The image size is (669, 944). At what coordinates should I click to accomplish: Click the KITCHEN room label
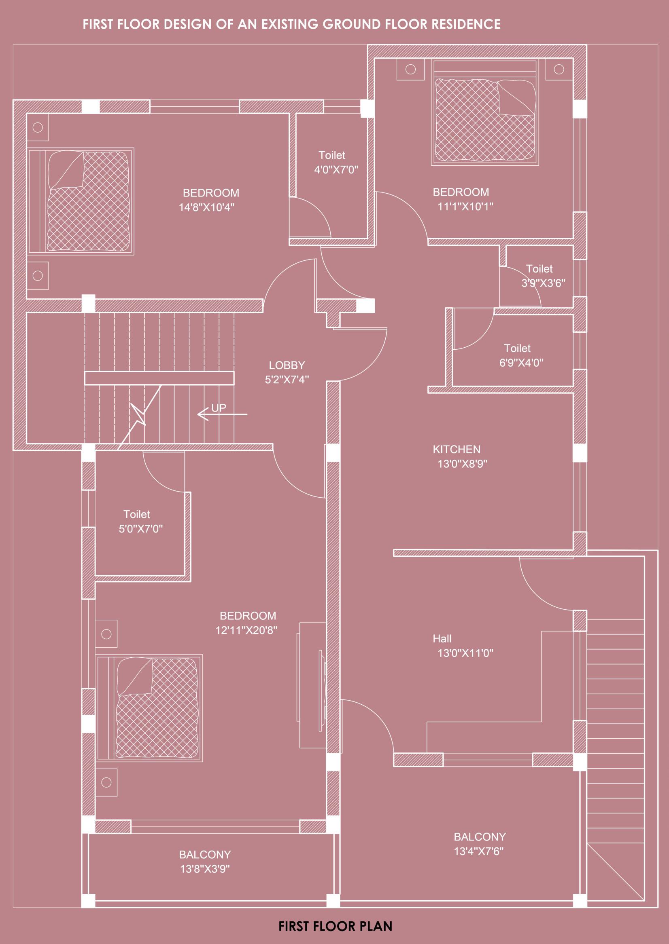(x=457, y=450)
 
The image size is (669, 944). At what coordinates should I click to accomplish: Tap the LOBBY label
(x=287, y=365)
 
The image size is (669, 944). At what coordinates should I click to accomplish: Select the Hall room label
(x=442, y=639)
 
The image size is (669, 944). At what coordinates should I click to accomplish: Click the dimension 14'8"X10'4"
(x=206, y=207)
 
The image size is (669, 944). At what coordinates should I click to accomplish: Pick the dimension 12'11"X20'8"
(x=246, y=630)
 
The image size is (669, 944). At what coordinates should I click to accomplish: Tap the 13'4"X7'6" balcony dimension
(x=479, y=851)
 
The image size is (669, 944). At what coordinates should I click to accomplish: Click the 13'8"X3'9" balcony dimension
(x=205, y=869)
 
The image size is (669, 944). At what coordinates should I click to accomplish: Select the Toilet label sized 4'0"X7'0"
(x=331, y=155)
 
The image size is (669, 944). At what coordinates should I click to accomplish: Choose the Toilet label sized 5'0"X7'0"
(x=136, y=514)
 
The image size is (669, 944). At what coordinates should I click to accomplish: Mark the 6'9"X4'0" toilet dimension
(x=521, y=363)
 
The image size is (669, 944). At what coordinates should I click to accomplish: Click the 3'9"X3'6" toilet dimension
(x=544, y=283)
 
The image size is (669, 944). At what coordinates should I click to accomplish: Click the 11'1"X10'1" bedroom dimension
(x=465, y=206)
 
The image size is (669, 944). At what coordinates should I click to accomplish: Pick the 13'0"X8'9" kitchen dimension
(x=462, y=464)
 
